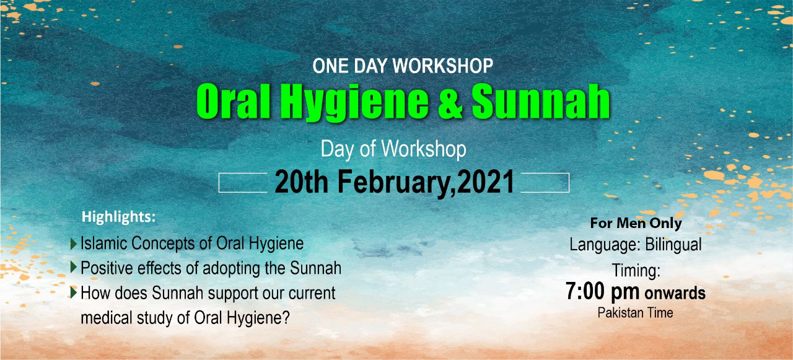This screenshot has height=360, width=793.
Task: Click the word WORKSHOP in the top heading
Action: (x=442, y=66)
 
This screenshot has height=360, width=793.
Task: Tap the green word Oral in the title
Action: (x=234, y=102)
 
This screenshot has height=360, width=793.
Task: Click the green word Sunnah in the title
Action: (x=541, y=102)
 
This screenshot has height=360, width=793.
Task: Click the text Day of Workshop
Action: (x=393, y=149)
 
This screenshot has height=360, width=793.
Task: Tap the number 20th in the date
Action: (x=301, y=182)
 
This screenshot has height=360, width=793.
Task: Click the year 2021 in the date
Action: (x=486, y=182)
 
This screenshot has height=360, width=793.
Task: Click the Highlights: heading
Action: (x=118, y=217)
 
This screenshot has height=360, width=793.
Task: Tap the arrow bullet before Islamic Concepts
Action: (x=74, y=244)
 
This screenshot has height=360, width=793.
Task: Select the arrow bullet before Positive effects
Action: (x=74, y=267)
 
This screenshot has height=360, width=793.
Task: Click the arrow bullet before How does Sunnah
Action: (x=74, y=292)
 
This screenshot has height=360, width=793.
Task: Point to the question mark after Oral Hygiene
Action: (x=286, y=317)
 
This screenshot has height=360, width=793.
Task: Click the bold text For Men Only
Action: (x=636, y=223)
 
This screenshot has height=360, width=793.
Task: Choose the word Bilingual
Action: (x=673, y=245)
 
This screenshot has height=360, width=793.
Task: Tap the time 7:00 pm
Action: (x=602, y=292)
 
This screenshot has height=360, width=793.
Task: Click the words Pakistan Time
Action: (x=636, y=312)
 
